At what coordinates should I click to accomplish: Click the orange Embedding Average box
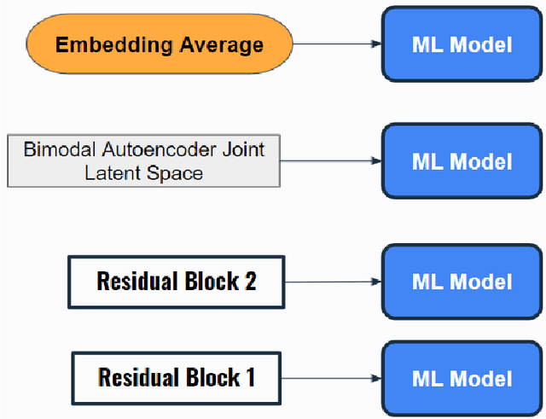[160, 44]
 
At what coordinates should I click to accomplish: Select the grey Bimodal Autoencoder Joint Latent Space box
[143, 160]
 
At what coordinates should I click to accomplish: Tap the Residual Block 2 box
[177, 281]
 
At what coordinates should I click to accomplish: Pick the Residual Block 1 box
[176, 376]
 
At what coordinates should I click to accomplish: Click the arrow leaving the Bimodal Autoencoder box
[329, 161]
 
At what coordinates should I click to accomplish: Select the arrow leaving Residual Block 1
[329, 378]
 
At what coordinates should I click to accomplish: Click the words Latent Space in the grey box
[143, 173]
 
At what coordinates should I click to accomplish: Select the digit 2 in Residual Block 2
[250, 281]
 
